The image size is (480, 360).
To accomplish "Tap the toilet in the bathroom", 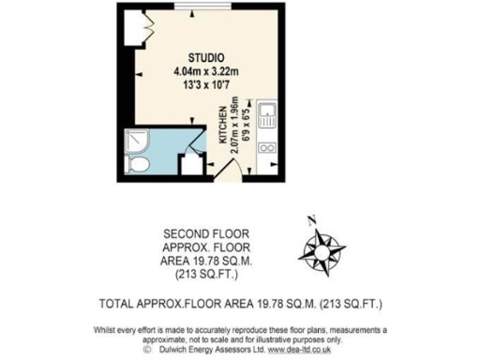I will point(140,165).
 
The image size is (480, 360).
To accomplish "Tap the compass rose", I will point(322,249).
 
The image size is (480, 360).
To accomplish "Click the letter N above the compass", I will point(311,221).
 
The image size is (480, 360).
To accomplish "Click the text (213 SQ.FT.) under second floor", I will point(204,276).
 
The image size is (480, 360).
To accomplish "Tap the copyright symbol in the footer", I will point(147,349).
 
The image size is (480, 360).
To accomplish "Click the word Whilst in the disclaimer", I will point(107,330).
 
